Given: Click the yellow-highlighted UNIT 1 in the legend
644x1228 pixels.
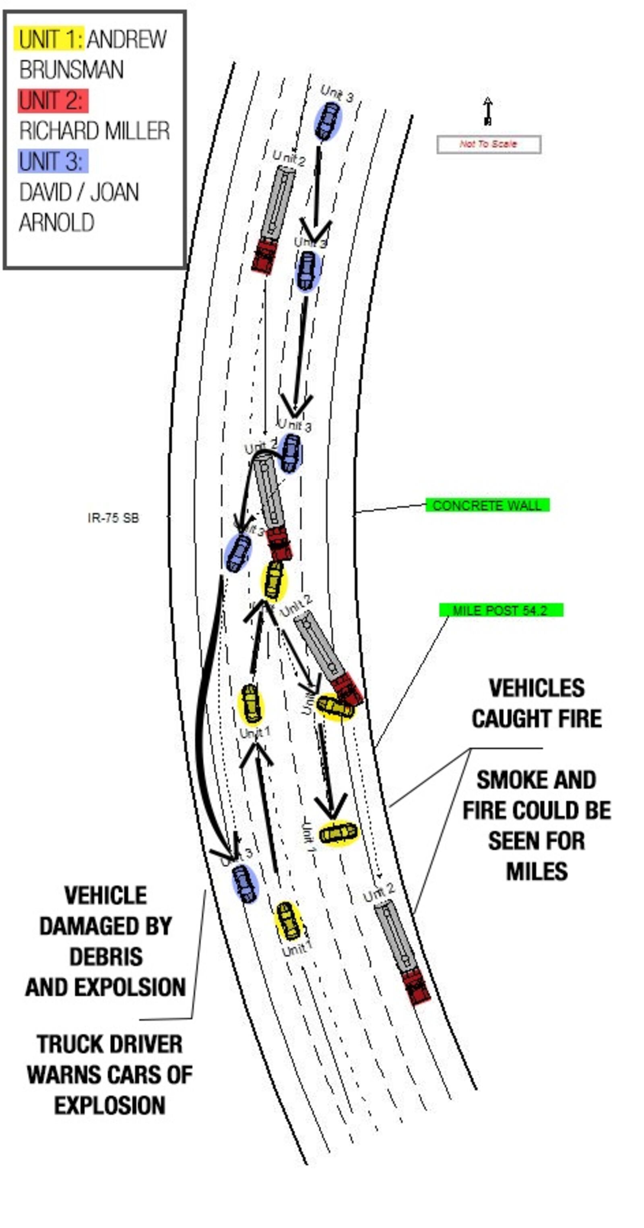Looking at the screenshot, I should coord(49,39).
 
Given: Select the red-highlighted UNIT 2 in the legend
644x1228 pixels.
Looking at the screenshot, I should coord(52,101).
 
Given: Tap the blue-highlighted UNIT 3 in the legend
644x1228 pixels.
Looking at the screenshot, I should coord(52,162).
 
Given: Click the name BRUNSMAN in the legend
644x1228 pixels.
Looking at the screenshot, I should coord(72,70).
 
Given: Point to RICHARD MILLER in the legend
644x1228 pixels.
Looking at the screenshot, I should coord(94,131).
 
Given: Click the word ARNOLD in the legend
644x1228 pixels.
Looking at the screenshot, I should coord(57,223).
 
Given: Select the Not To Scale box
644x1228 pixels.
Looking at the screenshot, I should coord(489,144).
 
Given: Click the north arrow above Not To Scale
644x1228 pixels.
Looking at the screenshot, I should coord(487,111).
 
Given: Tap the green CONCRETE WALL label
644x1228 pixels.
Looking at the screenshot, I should coord(487,505).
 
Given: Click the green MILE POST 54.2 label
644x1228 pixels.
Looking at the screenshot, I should coord(501,610).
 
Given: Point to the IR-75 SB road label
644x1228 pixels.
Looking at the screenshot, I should coord(113,518).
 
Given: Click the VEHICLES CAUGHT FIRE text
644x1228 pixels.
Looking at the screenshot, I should coord(537,703).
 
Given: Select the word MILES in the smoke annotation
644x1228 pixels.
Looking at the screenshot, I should coord(537,871).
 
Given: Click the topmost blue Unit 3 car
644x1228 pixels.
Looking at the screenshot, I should coord(328,121).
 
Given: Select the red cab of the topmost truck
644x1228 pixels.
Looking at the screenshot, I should coord(264,256).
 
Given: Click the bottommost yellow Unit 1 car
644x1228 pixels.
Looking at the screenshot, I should coord(289,921).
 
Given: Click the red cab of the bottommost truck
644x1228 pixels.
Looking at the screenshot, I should coord(416,987).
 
